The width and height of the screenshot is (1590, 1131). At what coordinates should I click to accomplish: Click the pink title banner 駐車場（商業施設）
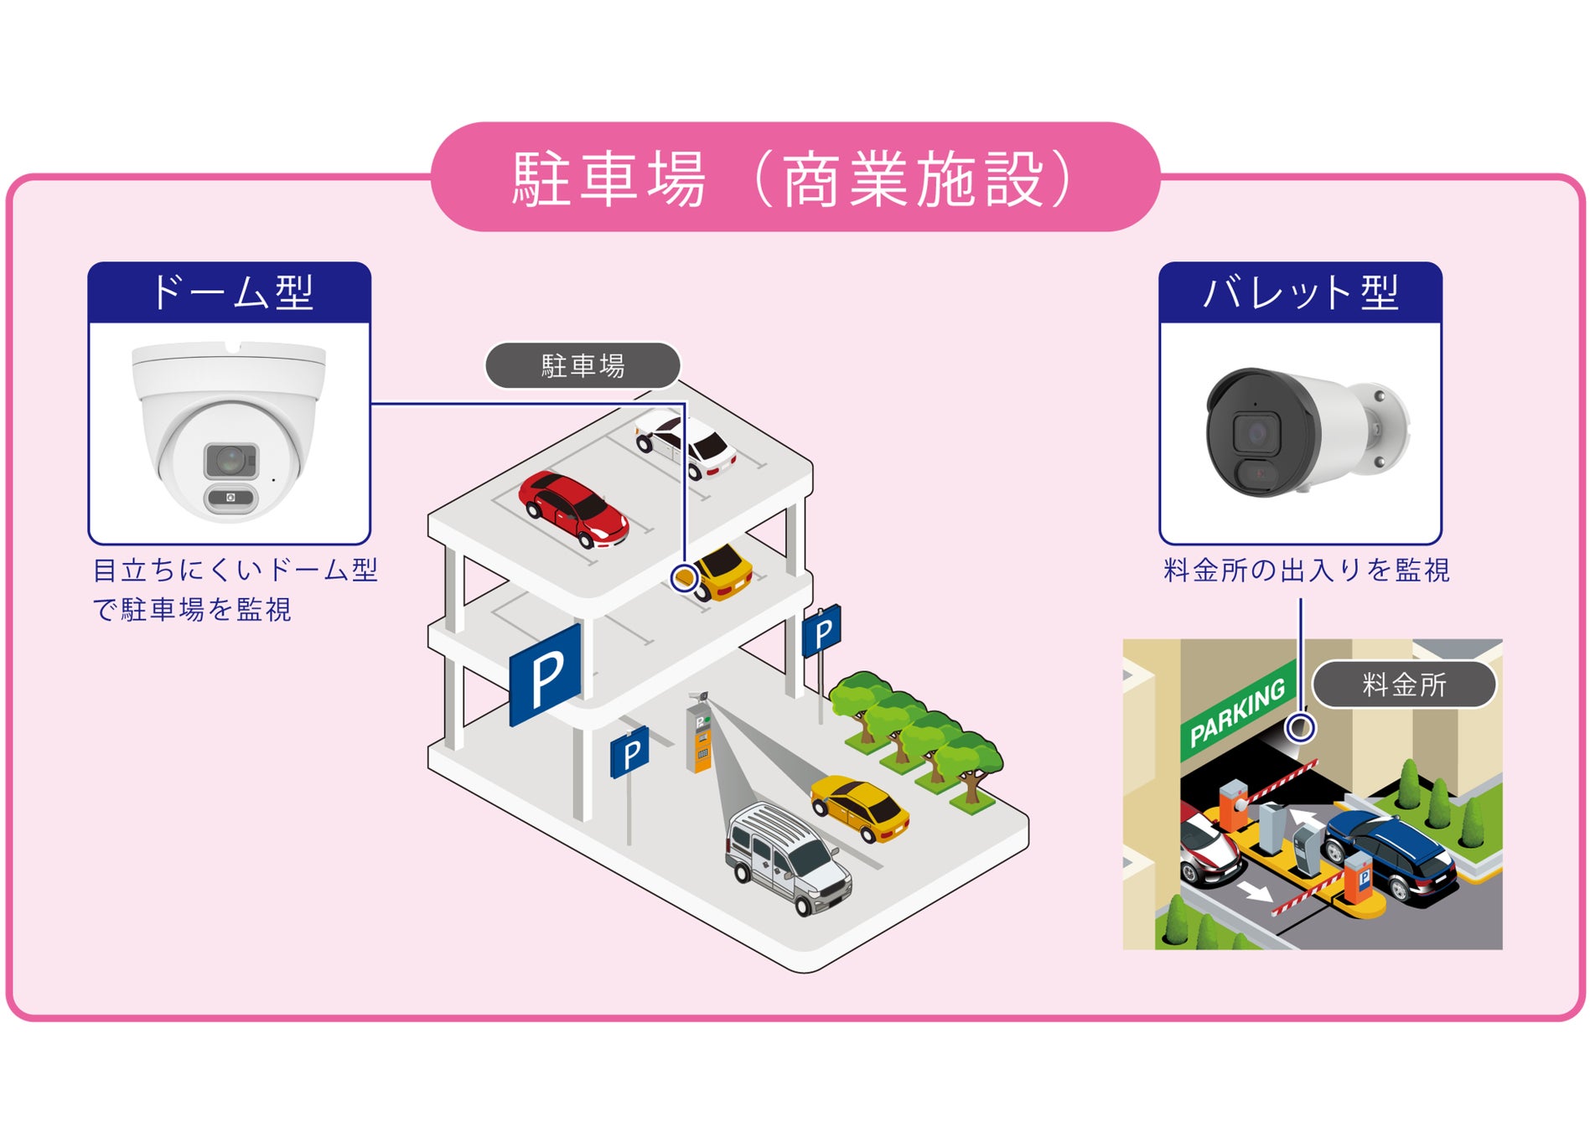[795, 178]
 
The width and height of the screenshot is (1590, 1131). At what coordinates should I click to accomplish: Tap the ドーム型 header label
[230, 292]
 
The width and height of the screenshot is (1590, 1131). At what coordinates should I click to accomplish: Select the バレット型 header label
[1300, 292]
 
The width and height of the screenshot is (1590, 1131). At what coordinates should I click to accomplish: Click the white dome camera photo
[229, 431]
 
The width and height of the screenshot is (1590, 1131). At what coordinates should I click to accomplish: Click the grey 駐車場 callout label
[583, 366]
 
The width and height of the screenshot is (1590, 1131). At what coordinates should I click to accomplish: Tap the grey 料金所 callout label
[1404, 684]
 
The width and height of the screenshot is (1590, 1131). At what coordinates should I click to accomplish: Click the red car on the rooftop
[573, 507]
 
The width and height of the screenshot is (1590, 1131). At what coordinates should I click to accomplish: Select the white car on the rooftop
[686, 442]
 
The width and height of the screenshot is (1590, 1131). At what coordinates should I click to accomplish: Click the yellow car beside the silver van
[861, 806]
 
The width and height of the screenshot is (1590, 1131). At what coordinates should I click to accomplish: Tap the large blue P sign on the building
[546, 674]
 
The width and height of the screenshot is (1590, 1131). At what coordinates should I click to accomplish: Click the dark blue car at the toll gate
[1394, 852]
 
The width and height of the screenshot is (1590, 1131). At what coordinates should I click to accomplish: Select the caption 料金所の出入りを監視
[1306, 571]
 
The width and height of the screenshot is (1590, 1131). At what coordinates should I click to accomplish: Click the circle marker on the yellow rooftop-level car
[685, 577]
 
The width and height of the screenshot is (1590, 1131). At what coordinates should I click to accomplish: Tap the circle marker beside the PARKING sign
[1301, 727]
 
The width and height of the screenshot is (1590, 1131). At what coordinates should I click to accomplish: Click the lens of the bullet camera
[1256, 433]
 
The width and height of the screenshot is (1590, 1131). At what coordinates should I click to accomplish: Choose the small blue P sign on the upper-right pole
[822, 632]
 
